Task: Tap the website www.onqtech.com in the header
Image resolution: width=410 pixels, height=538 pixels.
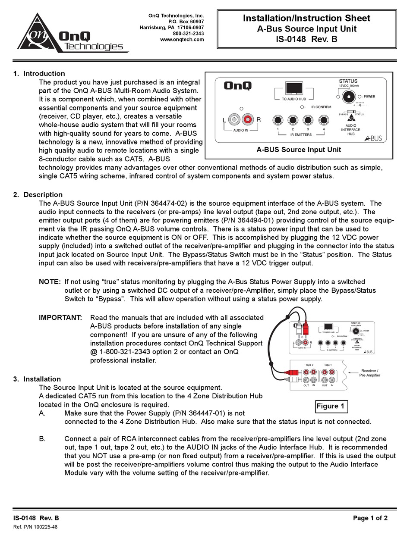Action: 182,40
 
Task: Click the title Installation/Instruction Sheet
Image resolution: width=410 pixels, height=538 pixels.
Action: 306,18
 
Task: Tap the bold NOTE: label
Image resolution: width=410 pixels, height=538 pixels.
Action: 50,282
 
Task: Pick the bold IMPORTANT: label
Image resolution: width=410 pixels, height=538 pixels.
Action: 60,317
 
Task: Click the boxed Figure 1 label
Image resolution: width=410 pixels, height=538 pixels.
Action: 331,406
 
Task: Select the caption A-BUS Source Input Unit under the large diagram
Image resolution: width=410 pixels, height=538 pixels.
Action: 299,150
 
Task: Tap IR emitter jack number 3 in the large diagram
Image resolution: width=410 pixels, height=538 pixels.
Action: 308,120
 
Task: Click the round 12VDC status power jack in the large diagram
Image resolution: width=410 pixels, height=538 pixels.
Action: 348,97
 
